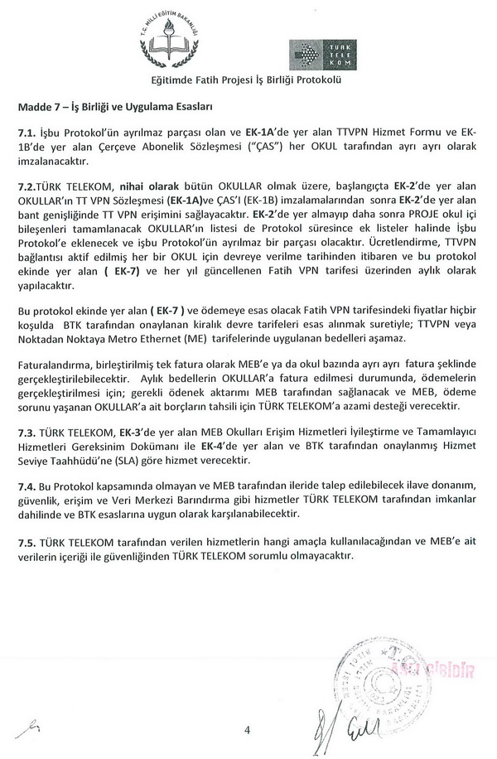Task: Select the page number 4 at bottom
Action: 247,729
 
